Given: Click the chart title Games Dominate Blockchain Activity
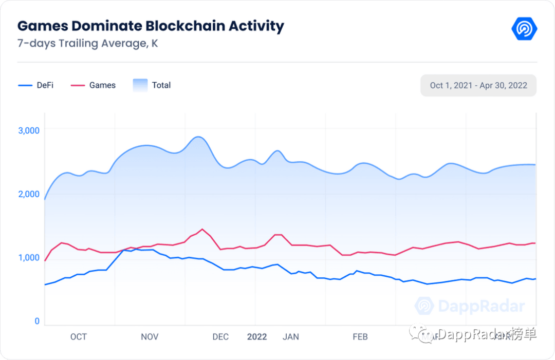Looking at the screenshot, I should coord(151,26).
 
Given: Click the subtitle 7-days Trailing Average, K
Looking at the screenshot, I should coord(87,43).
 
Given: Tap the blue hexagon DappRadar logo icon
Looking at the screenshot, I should coord(524,29).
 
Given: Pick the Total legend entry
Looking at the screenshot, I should coord(152,85).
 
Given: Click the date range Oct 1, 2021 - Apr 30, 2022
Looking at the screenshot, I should coord(478,85).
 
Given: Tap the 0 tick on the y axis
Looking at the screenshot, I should coord(37,321).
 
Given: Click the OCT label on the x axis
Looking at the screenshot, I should coord(79,337).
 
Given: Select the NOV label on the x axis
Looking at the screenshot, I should coord(150,337).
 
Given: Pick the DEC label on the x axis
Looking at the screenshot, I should coord(220,337).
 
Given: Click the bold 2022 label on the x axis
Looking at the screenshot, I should coord(257,337).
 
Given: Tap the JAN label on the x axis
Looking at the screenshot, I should coord(291,337).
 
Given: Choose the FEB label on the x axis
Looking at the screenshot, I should coord(360,337).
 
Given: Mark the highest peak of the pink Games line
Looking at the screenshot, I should coord(202,229).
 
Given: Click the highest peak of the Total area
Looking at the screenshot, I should coord(198,137).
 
